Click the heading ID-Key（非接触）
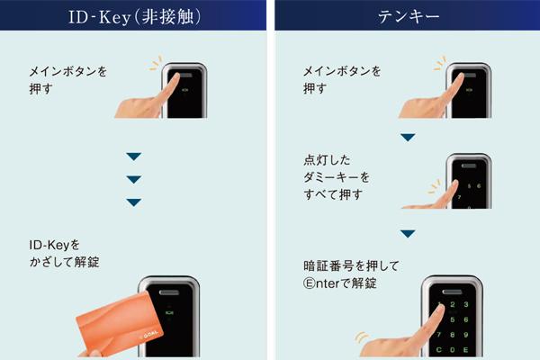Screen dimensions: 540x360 pos(134,16)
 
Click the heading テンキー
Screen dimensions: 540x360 pos(409,16)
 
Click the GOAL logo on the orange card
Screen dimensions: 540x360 pos(151,335)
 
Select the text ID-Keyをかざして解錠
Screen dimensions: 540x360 pos(65,254)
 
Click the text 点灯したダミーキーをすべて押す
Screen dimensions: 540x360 pos(337,177)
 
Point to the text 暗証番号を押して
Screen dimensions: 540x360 pos(351,265)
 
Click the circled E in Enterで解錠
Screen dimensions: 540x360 pos(310,283)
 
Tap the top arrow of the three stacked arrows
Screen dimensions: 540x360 pos(133,157)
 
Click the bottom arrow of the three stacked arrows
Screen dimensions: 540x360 pos(133,202)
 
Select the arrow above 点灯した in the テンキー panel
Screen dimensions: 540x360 pos(408,138)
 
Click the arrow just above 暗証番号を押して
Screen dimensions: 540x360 pos(408,234)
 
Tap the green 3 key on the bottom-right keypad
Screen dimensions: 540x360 pos(466,304)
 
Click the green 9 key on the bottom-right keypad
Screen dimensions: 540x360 pos(466,335)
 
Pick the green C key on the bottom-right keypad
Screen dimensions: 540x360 pos(439,350)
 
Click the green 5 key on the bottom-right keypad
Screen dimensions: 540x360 pos(453,319)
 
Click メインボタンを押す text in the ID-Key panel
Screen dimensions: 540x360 pos(67,80)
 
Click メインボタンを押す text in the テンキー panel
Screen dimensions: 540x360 pos(342,80)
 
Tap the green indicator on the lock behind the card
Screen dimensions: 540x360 pos(169,313)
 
